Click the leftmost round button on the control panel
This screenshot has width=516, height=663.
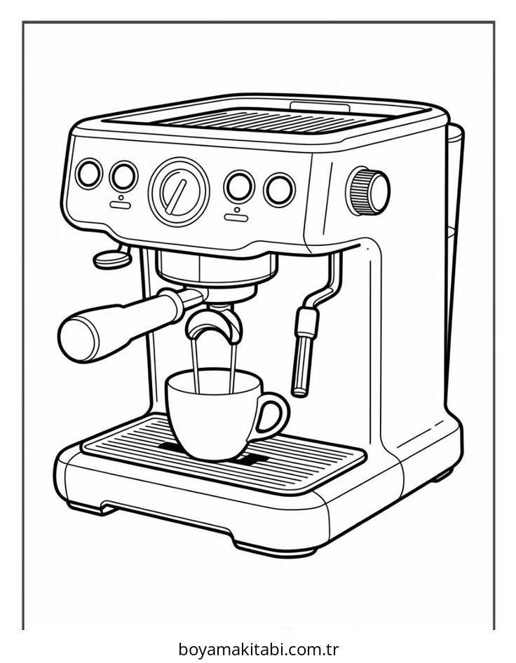(89, 173)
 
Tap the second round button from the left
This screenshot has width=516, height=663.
(123, 177)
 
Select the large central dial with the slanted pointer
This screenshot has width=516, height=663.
(179, 191)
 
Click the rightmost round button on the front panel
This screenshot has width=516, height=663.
(279, 189)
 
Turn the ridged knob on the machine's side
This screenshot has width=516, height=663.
(367, 191)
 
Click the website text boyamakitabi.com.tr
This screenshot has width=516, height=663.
(259, 648)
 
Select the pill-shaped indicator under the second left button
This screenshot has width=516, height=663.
(121, 205)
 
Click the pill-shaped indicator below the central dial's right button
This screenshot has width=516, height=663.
(236, 218)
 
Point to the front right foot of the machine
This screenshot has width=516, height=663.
(276, 549)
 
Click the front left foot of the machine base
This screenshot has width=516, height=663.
(91, 507)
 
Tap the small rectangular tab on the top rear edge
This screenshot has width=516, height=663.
(320, 107)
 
